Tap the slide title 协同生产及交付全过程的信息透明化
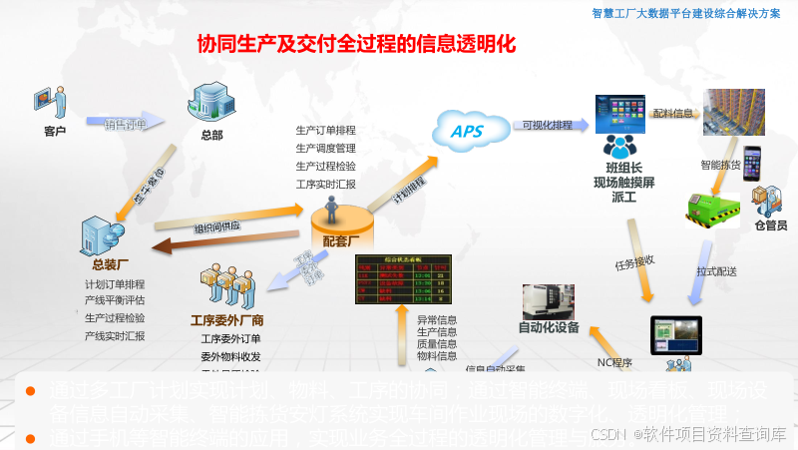(355, 45)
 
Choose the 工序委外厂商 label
(227, 320)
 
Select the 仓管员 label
(770, 225)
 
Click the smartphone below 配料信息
(750, 163)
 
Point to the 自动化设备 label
(548, 327)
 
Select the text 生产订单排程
(325, 130)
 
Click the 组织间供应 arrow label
(216, 226)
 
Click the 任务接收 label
(635, 262)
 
